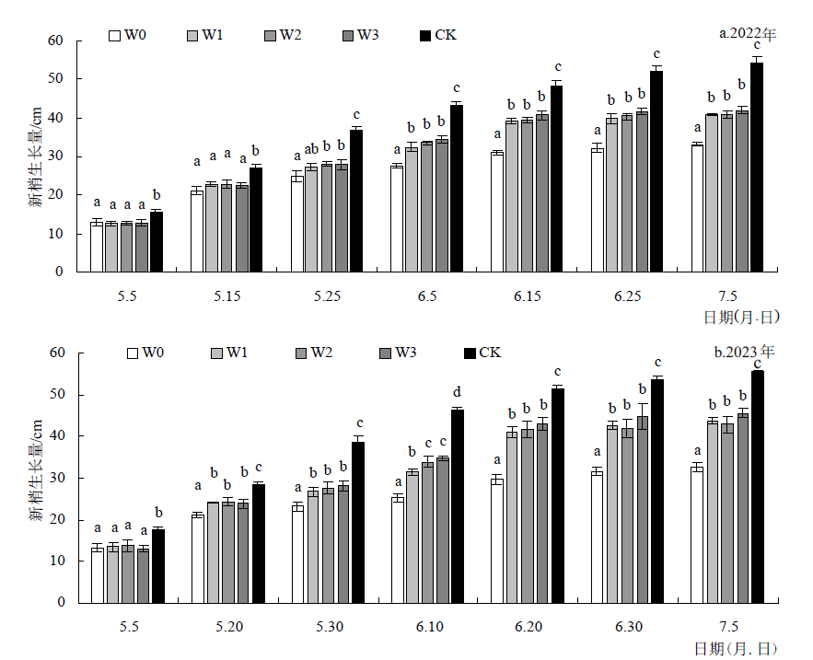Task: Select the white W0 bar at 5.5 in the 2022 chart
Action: (x=97, y=247)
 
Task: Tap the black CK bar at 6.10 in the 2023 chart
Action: (x=458, y=505)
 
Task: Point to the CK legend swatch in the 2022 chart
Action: (x=424, y=36)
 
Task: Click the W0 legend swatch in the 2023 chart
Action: (x=133, y=353)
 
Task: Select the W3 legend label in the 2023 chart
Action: (x=406, y=353)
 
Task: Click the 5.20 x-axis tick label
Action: (x=228, y=627)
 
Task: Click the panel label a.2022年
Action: (x=748, y=34)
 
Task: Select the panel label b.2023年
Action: (x=745, y=352)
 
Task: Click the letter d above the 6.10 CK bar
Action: (x=458, y=391)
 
